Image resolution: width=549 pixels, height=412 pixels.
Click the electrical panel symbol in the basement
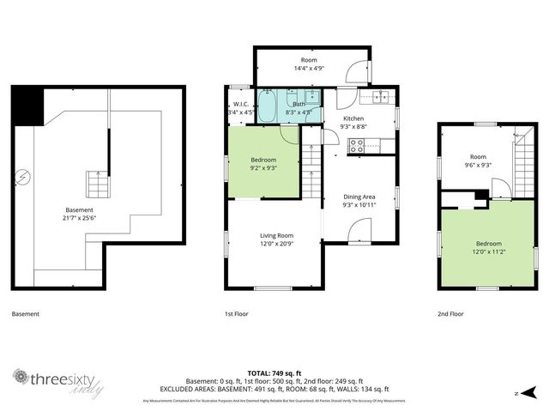[26, 178]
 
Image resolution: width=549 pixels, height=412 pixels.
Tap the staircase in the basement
[97, 184]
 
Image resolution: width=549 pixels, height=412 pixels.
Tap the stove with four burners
[356, 147]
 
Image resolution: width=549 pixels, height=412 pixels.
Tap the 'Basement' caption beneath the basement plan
[26, 314]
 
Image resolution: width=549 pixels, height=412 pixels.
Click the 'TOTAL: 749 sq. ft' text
[274, 373]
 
